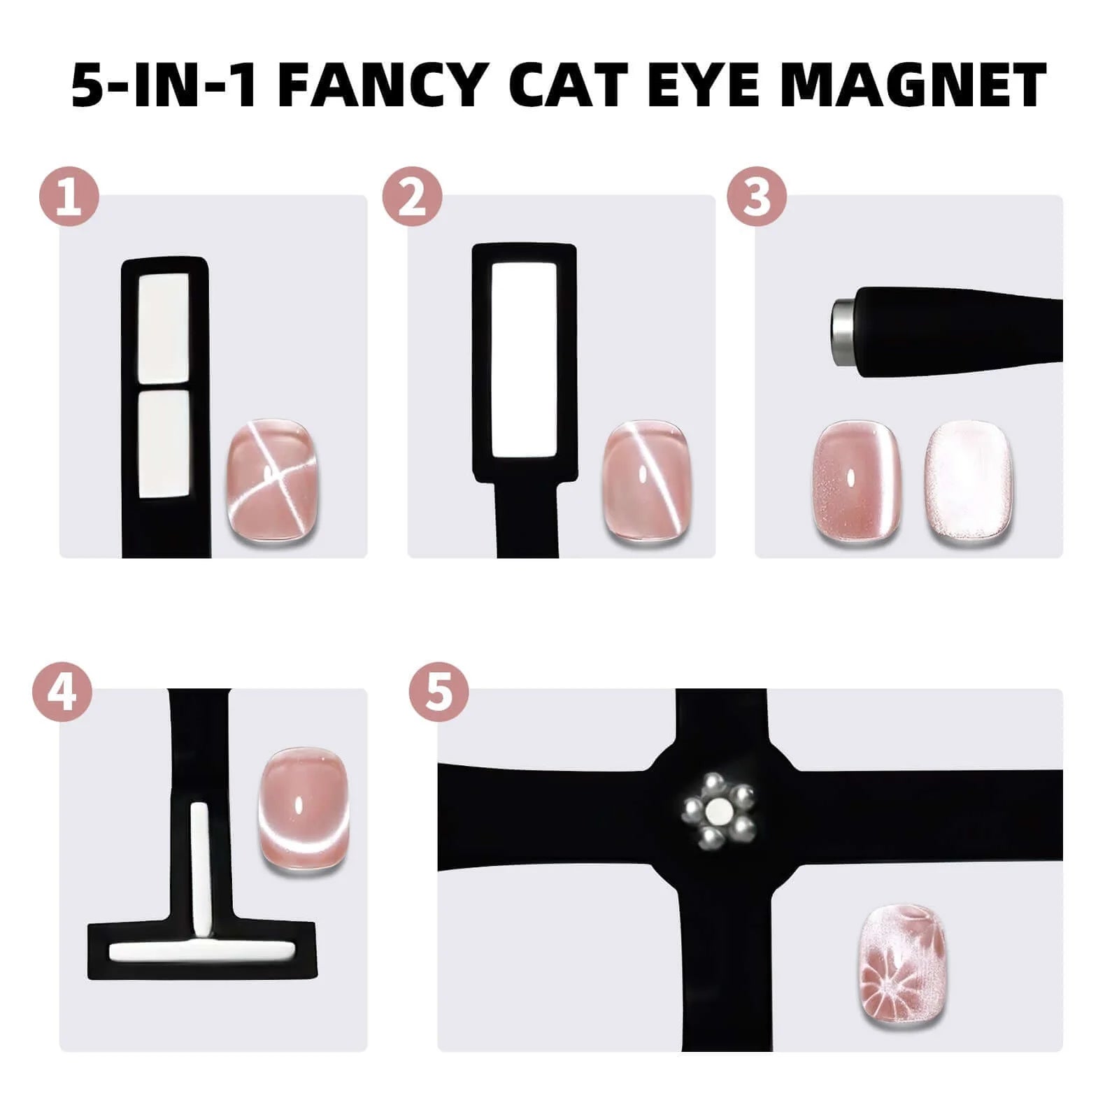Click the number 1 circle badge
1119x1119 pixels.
[x=69, y=197]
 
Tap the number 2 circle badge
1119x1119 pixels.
[x=412, y=197]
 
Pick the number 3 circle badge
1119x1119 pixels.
[x=757, y=197]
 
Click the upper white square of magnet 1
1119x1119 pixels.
[x=164, y=328]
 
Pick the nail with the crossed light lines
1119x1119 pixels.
[x=272, y=480]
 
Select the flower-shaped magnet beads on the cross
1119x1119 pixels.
[x=719, y=810]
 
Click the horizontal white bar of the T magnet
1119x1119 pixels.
[x=201, y=950]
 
